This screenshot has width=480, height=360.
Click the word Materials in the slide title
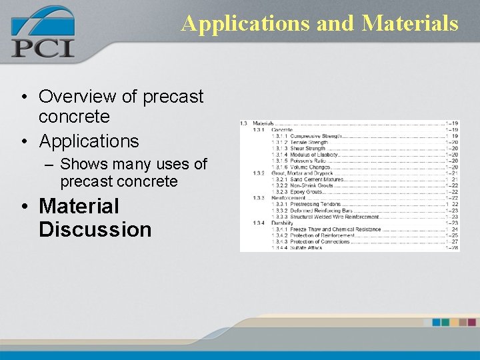coord(410,23)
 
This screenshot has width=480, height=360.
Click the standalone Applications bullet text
coord(89,141)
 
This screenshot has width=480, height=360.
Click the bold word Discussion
coord(95,229)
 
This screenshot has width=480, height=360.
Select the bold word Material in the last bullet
coord(79,207)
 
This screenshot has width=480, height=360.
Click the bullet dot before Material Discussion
coord(25,207)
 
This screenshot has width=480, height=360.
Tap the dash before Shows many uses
coord(49,164)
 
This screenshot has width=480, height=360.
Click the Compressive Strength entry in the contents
coord(316,136)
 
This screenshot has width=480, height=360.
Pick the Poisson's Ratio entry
coord(308,161)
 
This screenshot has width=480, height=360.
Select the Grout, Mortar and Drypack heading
coord(302,173)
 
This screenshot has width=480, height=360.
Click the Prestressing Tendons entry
coord(315,204)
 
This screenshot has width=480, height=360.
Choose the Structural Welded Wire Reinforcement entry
coord(335,217)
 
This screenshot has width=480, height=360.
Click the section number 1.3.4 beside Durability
coord(259,223)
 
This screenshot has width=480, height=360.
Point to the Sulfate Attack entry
coord(306,248)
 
